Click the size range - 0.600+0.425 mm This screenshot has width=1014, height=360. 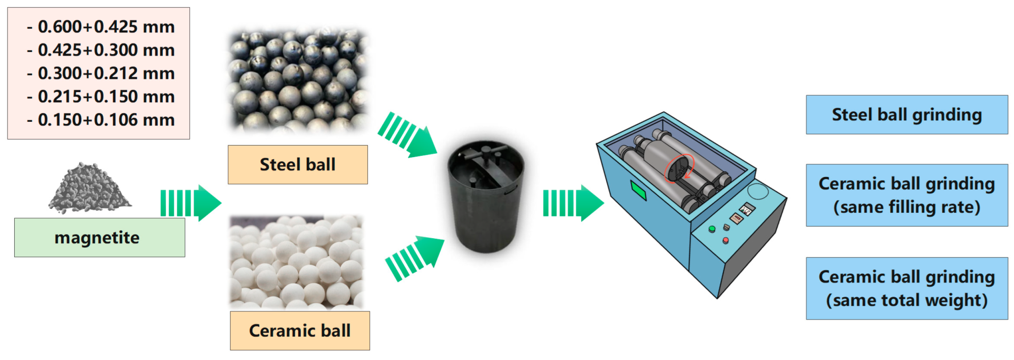(101, 27)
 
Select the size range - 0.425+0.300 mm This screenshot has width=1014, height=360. (101, 50)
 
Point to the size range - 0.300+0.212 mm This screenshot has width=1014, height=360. (101, 73)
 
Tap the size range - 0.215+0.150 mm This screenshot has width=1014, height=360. (101, 97)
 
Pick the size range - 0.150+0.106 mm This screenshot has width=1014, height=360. (101, 120)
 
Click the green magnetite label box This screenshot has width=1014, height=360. (99, 238)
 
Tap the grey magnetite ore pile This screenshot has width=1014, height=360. (89, 189)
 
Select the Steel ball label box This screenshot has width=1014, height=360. (298, 165)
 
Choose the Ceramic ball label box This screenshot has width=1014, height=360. (300, 331)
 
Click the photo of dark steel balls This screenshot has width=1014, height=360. (298, 80)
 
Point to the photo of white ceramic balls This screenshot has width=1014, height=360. (297, 262)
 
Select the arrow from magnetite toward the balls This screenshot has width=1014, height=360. (191, 203)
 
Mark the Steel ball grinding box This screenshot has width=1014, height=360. (906, 115)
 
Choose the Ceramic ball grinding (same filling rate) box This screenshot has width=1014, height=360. (906, 195)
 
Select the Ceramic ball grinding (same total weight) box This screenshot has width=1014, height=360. (906, 288)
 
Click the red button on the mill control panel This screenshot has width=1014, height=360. (725, 240)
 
